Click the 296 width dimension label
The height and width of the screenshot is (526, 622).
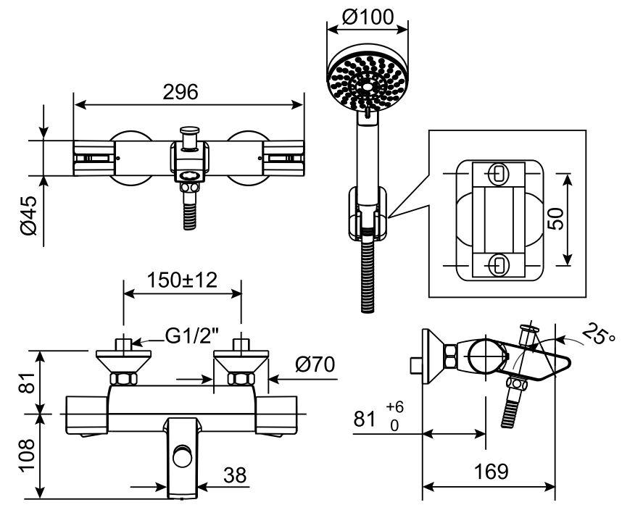pyautogui.click(x=181, y=92)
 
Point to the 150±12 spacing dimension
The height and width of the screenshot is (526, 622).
pyautogui.click(x=183, y=280)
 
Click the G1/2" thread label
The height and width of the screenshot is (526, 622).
pyautogui.click(x=191, y=336)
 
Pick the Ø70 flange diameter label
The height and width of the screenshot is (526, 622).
pyautogui.click(x=315, y=364)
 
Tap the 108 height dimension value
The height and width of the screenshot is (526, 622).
pyautogui.click(x=28, y=454)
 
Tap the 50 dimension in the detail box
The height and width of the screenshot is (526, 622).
pyautogui.click(x=555, y=218)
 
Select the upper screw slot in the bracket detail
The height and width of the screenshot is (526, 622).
pyautogui.click(x=497, y=173)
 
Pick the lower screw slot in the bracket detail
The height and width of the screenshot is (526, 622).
pyautogui.click(x=497, y=264)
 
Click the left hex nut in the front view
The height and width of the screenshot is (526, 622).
pyautogui.click(x=123, y=379)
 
